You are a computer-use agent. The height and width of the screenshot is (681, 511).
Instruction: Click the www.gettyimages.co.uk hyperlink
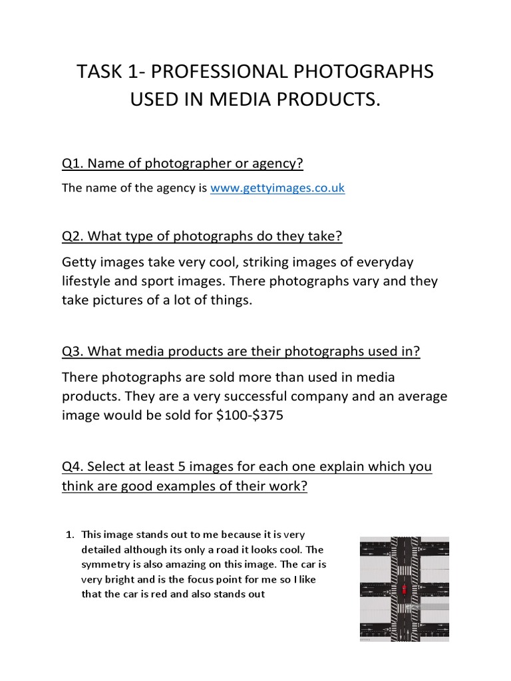[277, 188]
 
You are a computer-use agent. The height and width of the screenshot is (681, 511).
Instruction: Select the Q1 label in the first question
[72, 163]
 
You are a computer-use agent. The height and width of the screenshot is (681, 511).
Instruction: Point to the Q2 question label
[72, 236]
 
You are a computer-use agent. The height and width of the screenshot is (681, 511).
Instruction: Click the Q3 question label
[72, 351]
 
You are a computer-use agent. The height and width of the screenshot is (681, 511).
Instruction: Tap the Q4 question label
[72, 466]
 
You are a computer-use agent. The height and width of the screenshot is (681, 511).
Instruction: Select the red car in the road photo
[403, 591]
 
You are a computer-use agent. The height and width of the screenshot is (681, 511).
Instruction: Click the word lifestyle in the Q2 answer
[89, 281]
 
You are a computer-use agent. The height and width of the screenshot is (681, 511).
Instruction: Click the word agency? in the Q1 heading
[269, 163]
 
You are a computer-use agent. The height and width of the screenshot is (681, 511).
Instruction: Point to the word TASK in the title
[98, 71]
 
